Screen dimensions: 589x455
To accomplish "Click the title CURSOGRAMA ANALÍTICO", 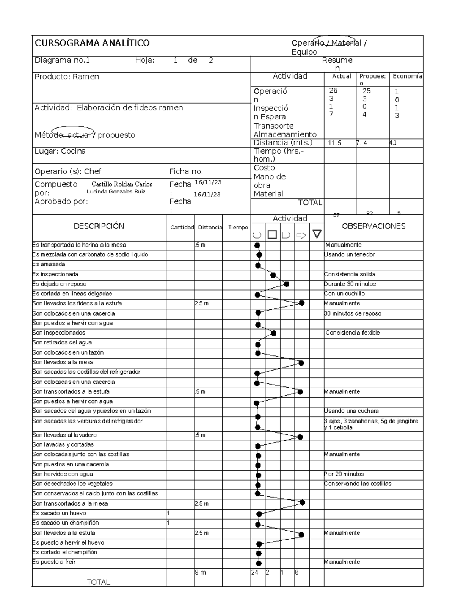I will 92,43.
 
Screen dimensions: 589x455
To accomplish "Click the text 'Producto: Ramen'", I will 67,77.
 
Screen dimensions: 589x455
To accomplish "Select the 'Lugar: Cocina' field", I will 60,151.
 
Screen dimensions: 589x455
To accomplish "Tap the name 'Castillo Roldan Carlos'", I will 122,184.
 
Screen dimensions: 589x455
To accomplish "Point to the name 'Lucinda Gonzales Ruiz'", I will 116,192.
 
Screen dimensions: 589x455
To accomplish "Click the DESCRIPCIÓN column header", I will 99,226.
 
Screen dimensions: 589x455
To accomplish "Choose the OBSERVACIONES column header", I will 373,226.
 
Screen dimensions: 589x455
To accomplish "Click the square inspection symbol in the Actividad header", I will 272,235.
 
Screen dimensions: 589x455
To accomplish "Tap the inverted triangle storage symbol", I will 317,234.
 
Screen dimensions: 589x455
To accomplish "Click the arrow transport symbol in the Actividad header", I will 301,236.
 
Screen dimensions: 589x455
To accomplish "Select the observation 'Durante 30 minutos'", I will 350,284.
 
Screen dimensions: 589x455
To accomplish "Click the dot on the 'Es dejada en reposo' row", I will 287,284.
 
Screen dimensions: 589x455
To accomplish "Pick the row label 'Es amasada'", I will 49,264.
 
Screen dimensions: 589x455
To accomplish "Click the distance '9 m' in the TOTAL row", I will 200,573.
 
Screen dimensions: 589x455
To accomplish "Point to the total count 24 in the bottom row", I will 254,573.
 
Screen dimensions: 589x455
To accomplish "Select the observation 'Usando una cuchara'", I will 351,411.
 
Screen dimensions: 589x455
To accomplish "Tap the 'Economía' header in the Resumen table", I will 407,76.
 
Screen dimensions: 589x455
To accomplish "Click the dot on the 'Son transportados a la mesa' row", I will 302,503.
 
